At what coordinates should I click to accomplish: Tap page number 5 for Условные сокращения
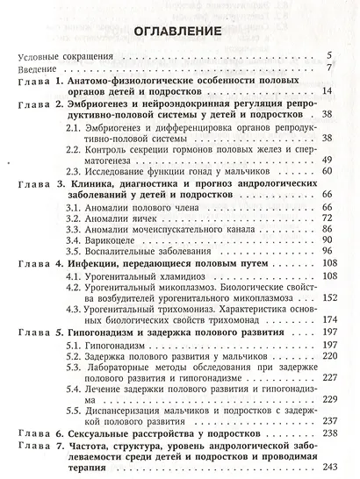point(328,55)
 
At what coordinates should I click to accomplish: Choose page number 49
point(325,159)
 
